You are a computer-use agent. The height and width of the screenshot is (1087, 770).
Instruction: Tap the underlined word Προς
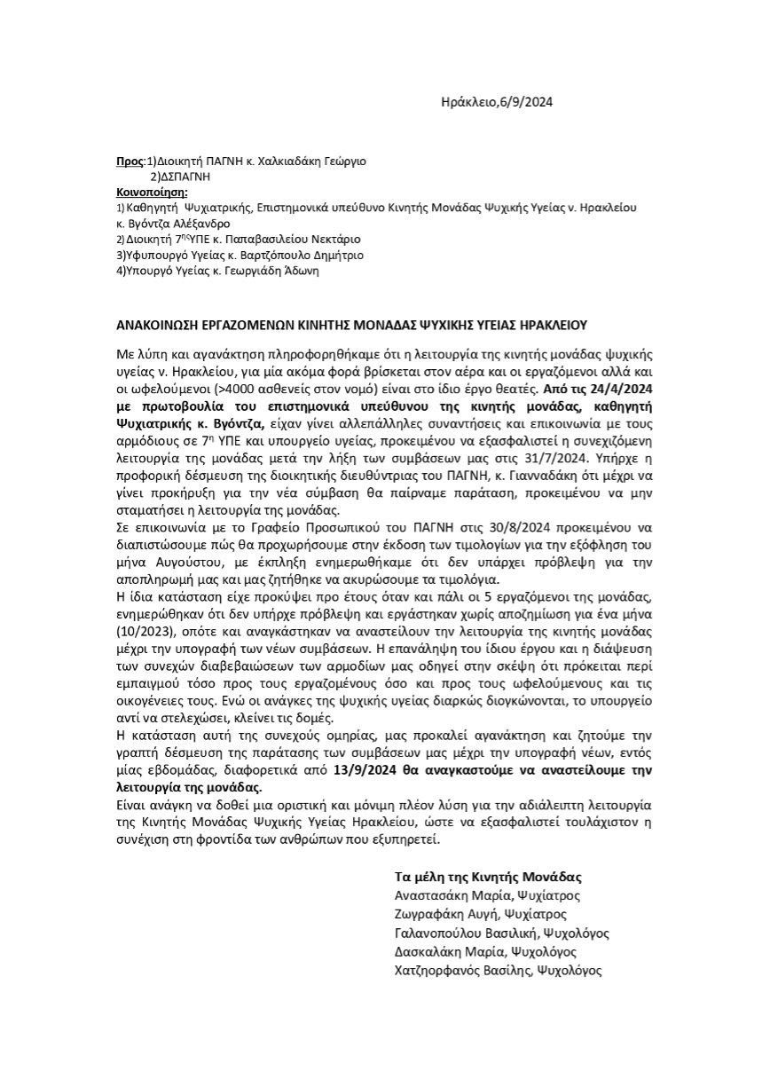130,161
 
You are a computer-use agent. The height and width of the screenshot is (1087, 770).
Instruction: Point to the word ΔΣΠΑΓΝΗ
185,177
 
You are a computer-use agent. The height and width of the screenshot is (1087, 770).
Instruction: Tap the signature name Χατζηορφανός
441,971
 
